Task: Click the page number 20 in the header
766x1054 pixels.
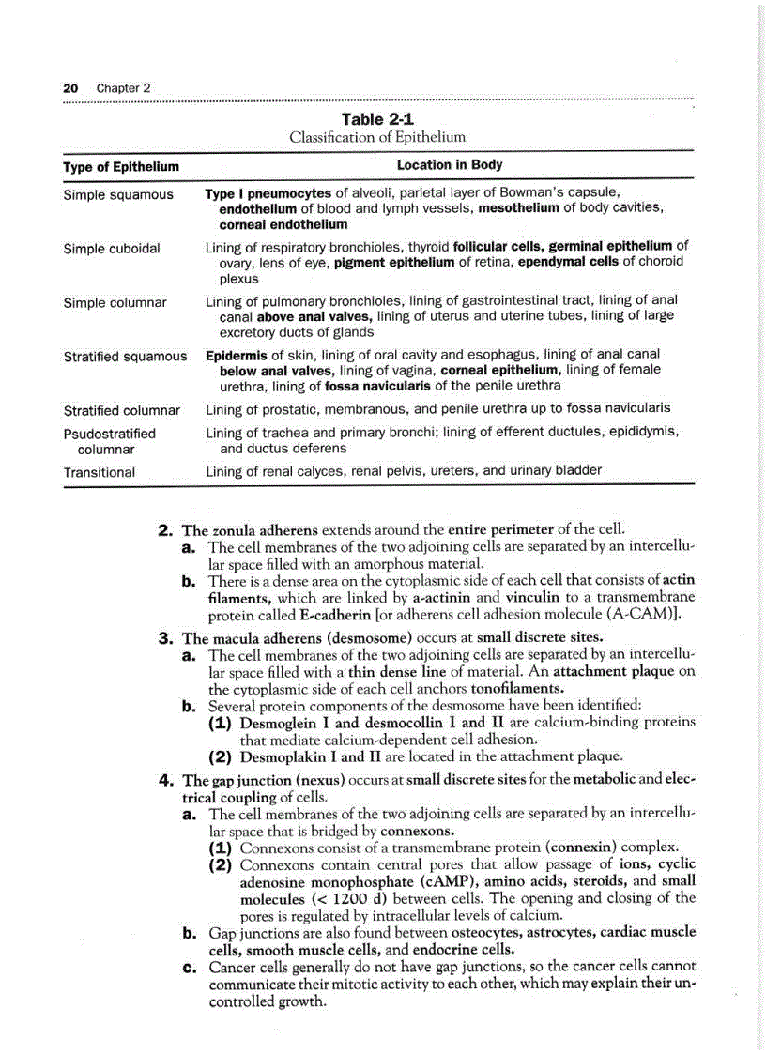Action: tap(69, 88)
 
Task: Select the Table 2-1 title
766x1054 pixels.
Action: tap(377, 119)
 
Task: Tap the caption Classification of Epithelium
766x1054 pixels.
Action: tap(377, 137)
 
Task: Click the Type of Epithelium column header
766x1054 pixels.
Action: tap(120, 166)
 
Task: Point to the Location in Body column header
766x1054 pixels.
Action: tap(450, 165)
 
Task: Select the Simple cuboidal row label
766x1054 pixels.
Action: tap(112, 249)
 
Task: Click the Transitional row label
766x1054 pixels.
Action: tap(100, 472)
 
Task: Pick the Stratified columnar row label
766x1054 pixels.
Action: tap(122, 410)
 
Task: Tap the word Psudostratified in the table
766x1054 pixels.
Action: tap(110, 434)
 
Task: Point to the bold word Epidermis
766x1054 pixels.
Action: tap(237, 355)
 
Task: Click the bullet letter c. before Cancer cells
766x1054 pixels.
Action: tap(188, 967)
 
